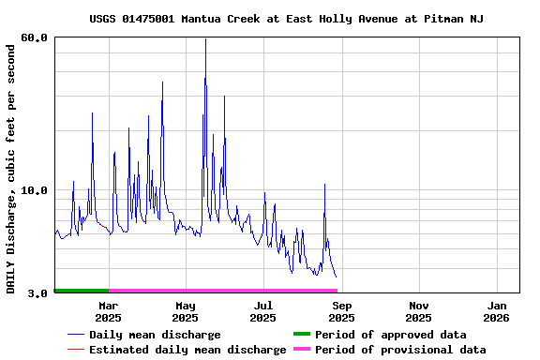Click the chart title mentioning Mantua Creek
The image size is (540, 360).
click(x=286, y=19)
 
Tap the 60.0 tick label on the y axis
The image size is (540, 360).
click(x=34, y=38)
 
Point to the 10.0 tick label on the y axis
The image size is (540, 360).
click(x=34, y=190)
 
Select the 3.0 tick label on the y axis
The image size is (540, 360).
click(x=37, y=293)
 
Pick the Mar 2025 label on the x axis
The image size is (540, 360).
click(x=108, y=311)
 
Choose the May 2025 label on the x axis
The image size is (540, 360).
click(x=186, y=311)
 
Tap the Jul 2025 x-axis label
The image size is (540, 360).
click(x=263, y=311)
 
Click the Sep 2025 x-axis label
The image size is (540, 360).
click(x=341, y=311)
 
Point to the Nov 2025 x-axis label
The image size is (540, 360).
click(x=419, y=311)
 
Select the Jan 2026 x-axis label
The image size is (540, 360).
click(x=497, y=311)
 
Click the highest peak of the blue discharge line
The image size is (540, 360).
click(x=205, y=39)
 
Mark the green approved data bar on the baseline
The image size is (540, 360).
click(x=82, y=291)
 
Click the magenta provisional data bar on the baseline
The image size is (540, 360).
click(x=222, y=291)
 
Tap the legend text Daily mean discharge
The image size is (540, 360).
click(x=155, y=335)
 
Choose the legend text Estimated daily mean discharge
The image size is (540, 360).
click(x=187, y=350)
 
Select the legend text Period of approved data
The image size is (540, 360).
click(x=390, y=335)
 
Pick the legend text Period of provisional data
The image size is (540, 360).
click(x=400, y=350)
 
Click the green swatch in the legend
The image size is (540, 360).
click(x=301, y=335)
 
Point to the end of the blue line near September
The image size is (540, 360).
click(x=336, y=277)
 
